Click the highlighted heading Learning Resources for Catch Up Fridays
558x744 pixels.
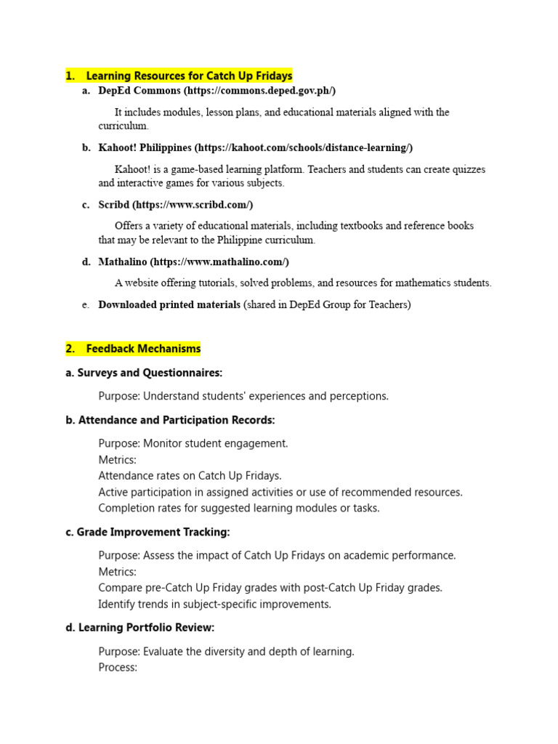pyautogui.click(x=189, y=76)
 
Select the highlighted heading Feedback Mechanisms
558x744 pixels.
pyautogui.click(x=143, y=349)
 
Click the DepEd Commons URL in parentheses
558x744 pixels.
pyautogui.click(x=259, y=91)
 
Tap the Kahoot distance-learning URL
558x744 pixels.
pyautogui.click(x=303, y=147)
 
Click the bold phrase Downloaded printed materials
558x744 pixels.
pyautogui.click(x=169, y=304)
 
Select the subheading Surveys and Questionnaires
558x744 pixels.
pyautogui.click(x=150, y=373)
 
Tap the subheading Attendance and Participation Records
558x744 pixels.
pyautogui.click(x=177, y=420)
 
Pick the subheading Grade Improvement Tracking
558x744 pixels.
pyautogui.click(x=154, y=532)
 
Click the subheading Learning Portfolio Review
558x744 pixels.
pyautogui.click(x=146, y=627)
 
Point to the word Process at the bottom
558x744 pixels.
pyautogui.click(x=117, y=667)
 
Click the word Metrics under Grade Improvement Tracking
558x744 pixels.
pyautogui.click(x=117, y=572)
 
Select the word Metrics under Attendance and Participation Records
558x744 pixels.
pyautogui.click(x=117, y=460)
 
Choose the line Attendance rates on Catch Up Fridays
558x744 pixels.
pyautogui.click(x=190, y=476)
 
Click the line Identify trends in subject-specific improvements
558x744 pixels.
pyautogui.click(x=214, y=604)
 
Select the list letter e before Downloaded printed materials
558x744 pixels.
pyautogui.click(x=86, y=305)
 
